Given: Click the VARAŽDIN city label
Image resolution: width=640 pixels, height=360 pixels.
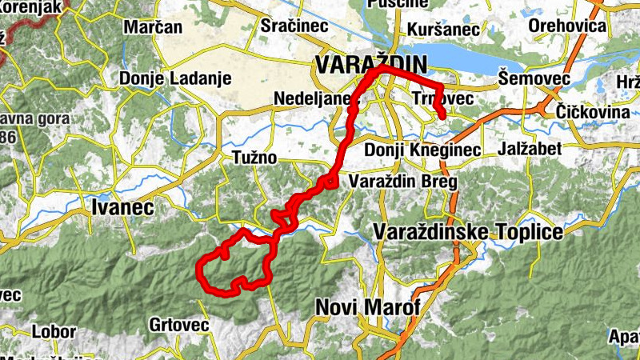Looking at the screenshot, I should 371,64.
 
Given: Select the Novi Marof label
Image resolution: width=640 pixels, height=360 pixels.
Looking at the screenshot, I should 368,307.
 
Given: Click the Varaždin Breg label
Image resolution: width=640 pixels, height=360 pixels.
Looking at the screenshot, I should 402,182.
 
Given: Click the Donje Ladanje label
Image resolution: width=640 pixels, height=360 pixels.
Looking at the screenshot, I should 175,78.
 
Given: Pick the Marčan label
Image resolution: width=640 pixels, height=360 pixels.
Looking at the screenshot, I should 153,27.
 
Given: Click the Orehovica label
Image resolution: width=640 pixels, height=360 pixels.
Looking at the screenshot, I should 567,26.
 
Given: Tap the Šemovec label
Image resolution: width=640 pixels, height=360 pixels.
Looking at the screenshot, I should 533,78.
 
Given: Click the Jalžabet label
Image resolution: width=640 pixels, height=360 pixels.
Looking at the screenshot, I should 534,149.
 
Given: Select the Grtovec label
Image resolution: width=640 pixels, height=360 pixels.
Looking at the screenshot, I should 178,325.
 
